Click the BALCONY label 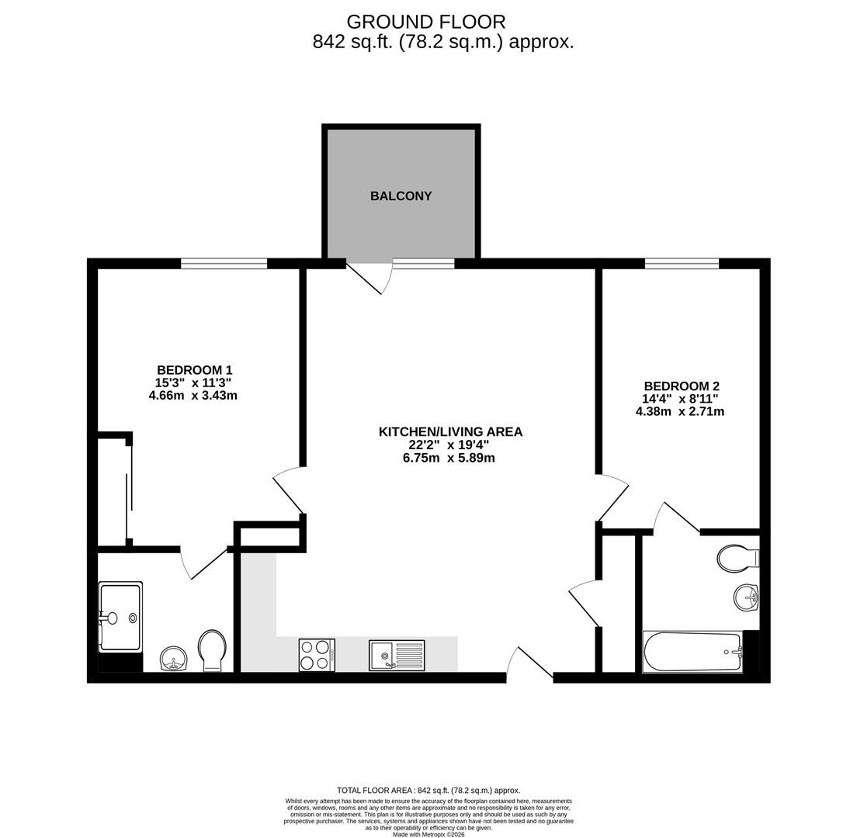click(401, 196)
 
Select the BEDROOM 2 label click(681, 386)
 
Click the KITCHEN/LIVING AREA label click(450, 431)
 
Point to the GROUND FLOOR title click(426, 22)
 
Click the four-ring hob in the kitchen click(317, 654)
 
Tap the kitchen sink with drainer click(397, 655)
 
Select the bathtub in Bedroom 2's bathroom click(692, 652)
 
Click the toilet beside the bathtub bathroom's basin click(738, 559)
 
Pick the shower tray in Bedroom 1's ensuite click(121, 618)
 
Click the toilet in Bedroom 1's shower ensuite click(212, 651)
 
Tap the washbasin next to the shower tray click(175, 660)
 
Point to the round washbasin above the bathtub click(746, 597)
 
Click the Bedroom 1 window click(224, 264)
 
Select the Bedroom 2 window click(682, 264)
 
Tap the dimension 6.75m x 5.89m click(449, 458)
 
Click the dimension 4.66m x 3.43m click(193, 395)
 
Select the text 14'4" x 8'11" click(681, 399)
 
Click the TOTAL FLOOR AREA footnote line click(428, 790)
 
